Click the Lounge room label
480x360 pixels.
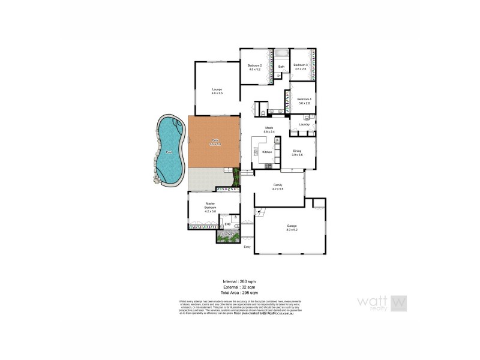(217, 89)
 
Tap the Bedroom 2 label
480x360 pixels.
(256, 65)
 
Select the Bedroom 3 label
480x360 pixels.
(301, 65)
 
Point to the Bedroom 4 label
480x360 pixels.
(304, 99)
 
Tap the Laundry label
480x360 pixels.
(304, 124)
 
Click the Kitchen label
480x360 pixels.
(267, 152)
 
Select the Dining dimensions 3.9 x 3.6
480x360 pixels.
(297, 155)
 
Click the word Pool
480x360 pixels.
(169, 152)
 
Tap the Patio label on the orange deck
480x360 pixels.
(214, 140)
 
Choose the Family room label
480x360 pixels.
(277, 185)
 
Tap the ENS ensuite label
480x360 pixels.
(227, 224)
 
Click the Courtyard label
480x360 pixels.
(227, 234)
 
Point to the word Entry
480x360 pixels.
(247, 247)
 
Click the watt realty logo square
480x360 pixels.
(398, 303)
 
